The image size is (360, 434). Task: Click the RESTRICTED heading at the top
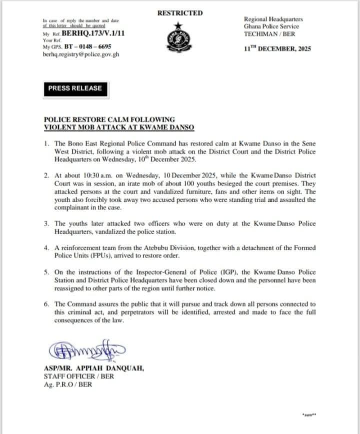pyautogui.click(x=180, y=13)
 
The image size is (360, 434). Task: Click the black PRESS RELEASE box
pyautogui.click(x=75, y=88)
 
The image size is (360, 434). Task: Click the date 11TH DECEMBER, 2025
pyautogui.click(x=281, y=48)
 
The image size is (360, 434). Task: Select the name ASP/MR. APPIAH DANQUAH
pyautogui.click(x=94, y=369)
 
